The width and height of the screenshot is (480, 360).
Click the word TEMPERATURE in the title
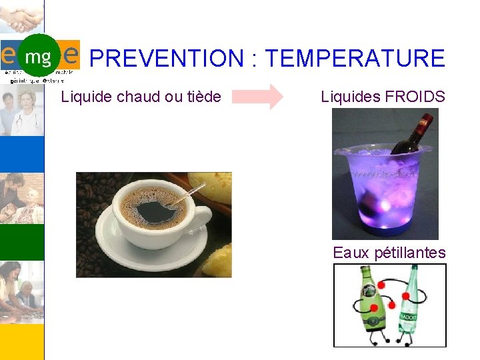[x=355, y=59]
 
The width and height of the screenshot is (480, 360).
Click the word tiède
[x=203, y=97]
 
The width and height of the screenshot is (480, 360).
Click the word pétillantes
[x=410, y=253]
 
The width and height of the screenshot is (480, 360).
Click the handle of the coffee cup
[x=198, y=220]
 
